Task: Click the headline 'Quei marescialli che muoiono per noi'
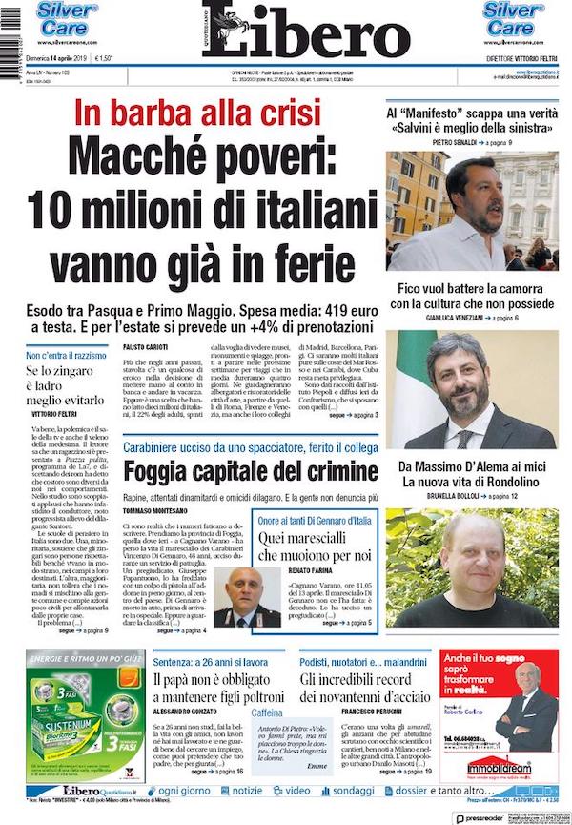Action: (x=311, y=547)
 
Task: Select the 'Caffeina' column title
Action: (x=267, y=712)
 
